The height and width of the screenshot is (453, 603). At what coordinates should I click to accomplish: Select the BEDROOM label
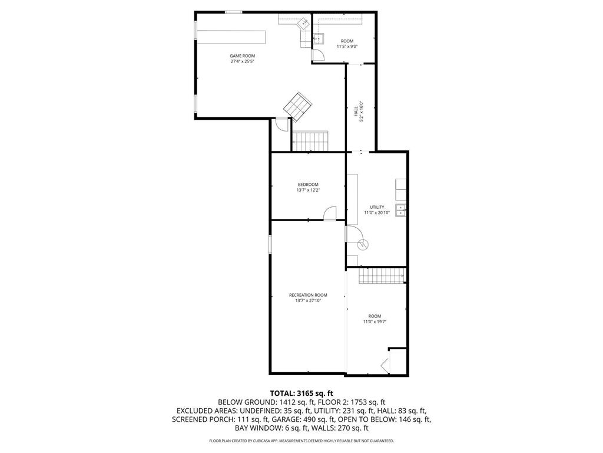(307, 185)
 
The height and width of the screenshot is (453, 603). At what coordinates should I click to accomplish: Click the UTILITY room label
(377, 207)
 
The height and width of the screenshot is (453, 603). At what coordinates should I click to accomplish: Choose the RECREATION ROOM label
(307, 295)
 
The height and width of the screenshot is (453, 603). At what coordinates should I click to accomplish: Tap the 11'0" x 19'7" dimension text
(375, 321)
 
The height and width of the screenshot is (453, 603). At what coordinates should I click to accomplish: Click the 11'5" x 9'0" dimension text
(347, 47)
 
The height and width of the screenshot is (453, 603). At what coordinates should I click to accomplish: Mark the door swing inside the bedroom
(330, 212)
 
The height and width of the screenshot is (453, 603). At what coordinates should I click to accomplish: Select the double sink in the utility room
(400, 208)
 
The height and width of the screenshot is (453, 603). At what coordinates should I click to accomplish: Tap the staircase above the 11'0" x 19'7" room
(381, 275)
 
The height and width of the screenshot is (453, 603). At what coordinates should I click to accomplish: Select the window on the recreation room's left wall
(270, 245)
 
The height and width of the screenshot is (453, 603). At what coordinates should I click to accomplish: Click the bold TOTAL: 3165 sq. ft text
(301, 393)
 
